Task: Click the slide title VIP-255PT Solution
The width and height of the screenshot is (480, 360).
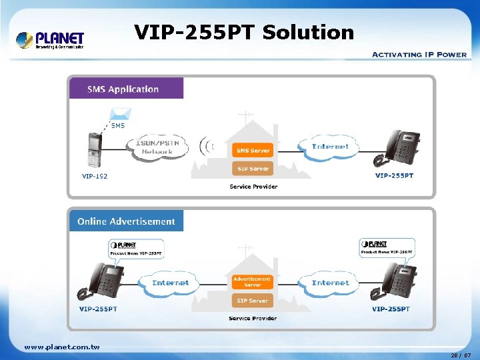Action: pyautogui.click(x=244, y=32)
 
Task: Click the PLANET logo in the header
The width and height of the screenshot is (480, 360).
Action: pyautogui.click(x=51, y=40)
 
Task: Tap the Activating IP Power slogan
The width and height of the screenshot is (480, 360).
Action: pyautogui.click(x=419, y=55)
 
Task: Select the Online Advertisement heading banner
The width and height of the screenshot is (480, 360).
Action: pyautogui.click(x=126, y=221)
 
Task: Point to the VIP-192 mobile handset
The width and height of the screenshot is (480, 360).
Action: pyautogui.click(x=94, y=151)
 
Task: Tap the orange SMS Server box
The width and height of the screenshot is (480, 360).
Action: pyautogui.click(x=253, y=151)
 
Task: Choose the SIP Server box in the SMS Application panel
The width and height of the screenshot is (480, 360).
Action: pyautogui.click(x=253, y=169)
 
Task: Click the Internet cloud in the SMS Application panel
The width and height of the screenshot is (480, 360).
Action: pyautogui.click(x=331, y=147)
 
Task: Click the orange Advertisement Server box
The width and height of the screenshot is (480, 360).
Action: pyautogui.click(x=253, y=282)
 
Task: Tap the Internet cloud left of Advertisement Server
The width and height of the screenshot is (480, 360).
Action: pyautogui.click(x=171, y=283)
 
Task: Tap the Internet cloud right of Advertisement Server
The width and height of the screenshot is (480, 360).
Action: pyautogui.click(x=331, y=283)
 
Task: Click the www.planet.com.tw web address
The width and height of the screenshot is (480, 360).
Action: pyautogui.click(x=62, y=347)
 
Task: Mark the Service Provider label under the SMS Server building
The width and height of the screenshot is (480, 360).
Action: pyautogui.click(x=253, y=187)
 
